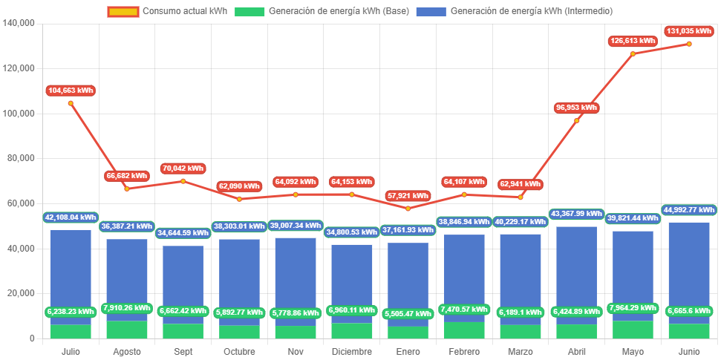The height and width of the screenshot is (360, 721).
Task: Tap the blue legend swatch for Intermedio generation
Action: click(431, 11)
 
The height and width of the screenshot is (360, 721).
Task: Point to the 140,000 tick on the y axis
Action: click(19, 23)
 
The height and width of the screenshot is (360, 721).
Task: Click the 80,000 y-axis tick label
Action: click(22, 158)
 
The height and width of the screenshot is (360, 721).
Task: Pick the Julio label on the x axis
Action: click(71, 351)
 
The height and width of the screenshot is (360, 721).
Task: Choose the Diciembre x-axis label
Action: click(352, 351)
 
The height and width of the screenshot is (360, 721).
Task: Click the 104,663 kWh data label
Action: click(71, 91)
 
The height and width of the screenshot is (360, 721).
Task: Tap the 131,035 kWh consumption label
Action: click(689, 31)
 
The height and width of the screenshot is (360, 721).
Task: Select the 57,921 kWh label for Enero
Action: click(408, 196)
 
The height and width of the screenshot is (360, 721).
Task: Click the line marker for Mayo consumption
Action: click(633, 53)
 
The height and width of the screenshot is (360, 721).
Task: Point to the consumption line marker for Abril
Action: click(577, 120)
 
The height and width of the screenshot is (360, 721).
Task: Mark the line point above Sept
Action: click(183, 181)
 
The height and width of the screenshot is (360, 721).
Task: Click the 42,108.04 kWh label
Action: click(71, 217)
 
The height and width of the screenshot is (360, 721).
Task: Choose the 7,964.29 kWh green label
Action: click(633, 308)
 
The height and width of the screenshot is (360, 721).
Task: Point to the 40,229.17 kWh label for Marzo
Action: click(521, 221)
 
